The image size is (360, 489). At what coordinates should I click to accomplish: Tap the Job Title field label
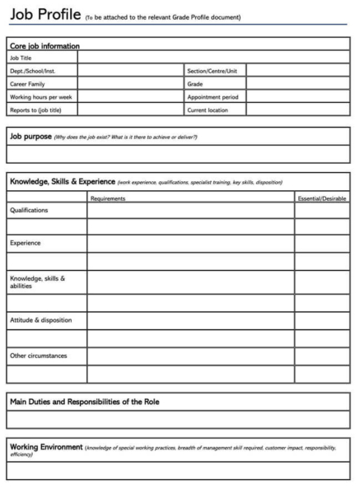(22, 58)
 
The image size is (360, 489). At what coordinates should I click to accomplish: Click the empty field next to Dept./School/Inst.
(131, 71)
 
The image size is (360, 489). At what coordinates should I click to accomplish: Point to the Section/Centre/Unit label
(213, 71)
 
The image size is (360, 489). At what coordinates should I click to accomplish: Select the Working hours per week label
(40, 96)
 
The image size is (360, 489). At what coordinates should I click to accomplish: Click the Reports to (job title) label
(38, 109)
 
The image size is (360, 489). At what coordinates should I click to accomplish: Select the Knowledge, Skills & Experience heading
(62, 181)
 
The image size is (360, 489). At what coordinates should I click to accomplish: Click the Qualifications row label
(29, 211)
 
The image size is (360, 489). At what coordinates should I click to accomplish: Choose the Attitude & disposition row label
(40, 319)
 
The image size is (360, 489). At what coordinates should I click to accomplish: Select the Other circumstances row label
(38, 356)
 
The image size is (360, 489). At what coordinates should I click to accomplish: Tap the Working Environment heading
(46, 447)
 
